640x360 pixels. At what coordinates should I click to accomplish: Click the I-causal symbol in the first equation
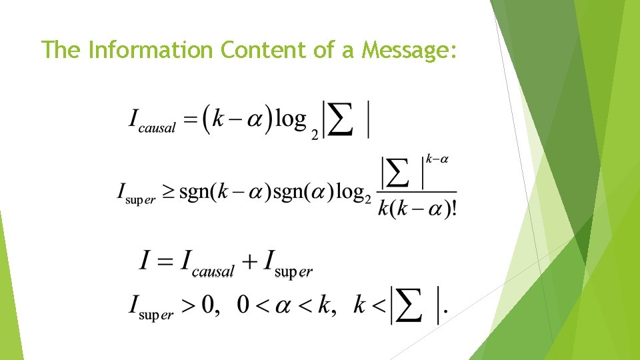(152, 121)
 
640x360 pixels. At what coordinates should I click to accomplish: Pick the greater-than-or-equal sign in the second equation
(169, 193)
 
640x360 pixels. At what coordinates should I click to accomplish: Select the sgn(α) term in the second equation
(299, 193)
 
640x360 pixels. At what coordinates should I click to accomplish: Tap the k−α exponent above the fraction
(437, 159)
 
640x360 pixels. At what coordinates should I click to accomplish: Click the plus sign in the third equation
(249, 262)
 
